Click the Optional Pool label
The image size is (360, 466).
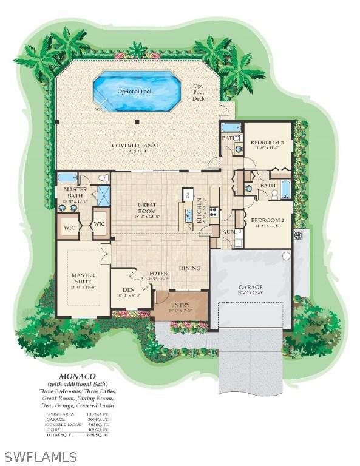click(x=134, y=91)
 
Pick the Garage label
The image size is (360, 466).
click(x=250, y=286)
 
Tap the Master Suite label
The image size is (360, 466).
click(x=83, y=279)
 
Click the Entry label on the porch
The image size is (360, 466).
click(x=180, y=305)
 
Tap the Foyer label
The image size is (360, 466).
click(x=159, y=273)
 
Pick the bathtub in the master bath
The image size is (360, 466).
click(x=68, y=178)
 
